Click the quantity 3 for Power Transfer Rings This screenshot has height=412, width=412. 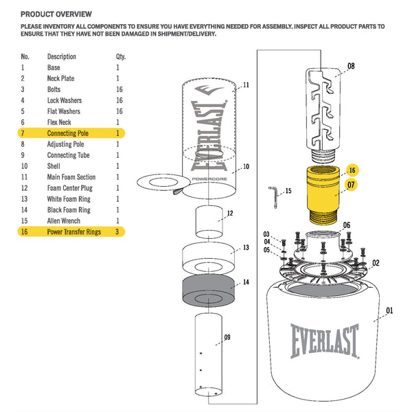(x=118, y=232)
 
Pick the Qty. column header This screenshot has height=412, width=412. (x=121, y=56)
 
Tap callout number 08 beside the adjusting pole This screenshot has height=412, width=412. (x=351, y=67)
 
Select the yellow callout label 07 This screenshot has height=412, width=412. (x=350, y=184)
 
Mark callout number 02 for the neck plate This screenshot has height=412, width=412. (x=376, y=262)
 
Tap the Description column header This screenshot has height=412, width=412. (x=62, y=56)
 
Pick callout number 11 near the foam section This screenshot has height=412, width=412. (x=246, y=85)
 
